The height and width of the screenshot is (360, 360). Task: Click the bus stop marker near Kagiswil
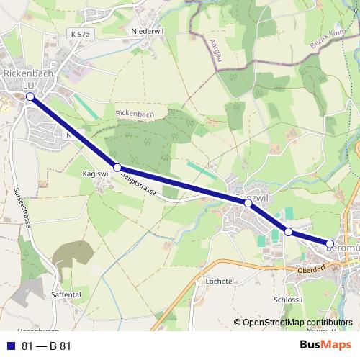tap(117, 167)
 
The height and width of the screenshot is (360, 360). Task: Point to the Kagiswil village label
tap(96, 174)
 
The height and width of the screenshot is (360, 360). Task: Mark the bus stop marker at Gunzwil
tap(248, 204)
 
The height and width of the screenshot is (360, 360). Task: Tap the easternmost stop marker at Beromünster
tap(330, 244)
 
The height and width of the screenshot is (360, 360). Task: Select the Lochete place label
tap(219, 281)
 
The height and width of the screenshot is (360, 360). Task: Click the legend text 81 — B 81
tap(47, 346)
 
